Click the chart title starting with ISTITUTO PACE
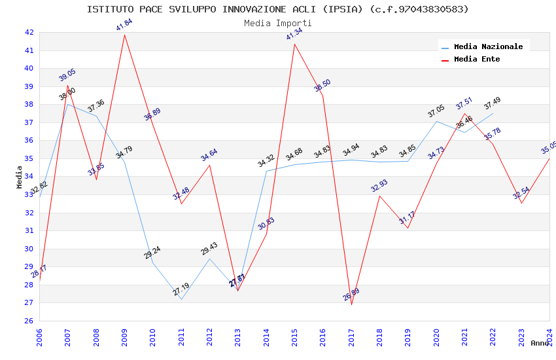click(x=278, y=9)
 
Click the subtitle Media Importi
click(x=278, y=24)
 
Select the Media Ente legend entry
click(x=476, y=59)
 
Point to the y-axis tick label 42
click(x=29, y=32)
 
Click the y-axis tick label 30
click(x=29, y=249)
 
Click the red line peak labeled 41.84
click(x=124, y=35)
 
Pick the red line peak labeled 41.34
click(x=294, y=44)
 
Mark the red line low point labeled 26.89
click(x=351, y=304)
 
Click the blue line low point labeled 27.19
click(x=181, y=299)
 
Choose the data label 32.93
click(x=379, y=186)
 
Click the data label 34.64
click(x=209, y=155)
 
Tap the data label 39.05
click(x=67, y=75)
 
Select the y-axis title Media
click(x=20, y=177)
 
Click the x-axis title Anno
click(x=540, y=343)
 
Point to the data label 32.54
click(x=521, y=194)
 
